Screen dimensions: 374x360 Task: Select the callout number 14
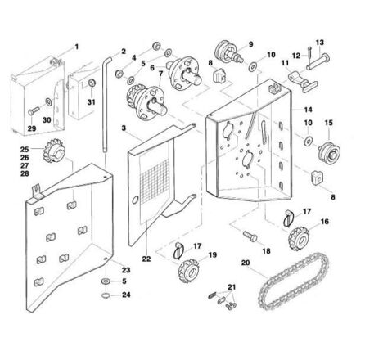[308, 110]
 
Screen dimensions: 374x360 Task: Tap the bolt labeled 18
[250, 236]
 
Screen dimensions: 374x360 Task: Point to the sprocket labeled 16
[299, 238]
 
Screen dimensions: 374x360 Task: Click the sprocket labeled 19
[188, 271]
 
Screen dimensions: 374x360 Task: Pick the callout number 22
[146, 259]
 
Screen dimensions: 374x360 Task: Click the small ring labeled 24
[106, 295]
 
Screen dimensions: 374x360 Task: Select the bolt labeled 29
[34, 110]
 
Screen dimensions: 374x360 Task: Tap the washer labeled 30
[49, 101]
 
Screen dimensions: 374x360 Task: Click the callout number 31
[91, 102]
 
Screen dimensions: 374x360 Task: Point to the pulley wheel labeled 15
[330, 152]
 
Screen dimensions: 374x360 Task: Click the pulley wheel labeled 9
[228, 52]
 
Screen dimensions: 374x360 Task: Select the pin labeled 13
[318, 62]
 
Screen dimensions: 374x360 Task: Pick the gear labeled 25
[53, 151]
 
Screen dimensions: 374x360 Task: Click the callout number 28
[25, 173]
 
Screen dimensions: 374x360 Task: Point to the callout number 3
[124, 128]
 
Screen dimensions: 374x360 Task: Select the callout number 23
[126, 270]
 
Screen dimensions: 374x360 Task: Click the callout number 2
[124, 51]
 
